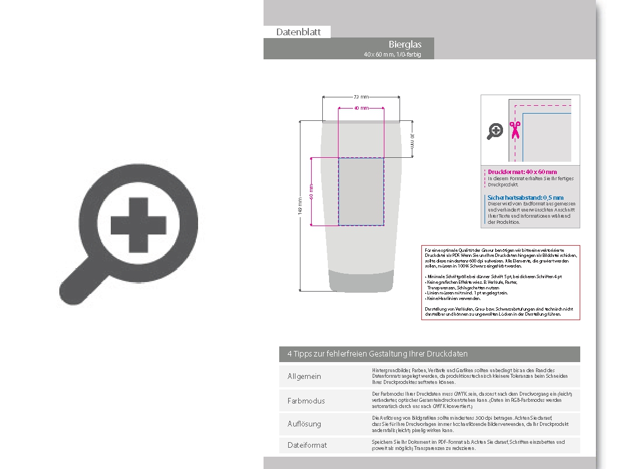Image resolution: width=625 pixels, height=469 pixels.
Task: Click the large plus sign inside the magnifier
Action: [139, 226]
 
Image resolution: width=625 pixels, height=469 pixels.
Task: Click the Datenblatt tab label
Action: [298, 32]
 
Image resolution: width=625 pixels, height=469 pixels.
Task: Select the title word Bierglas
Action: [405, 44]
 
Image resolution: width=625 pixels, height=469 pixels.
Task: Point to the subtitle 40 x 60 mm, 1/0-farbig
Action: [392, 54]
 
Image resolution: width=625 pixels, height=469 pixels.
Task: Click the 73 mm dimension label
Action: [361, 97]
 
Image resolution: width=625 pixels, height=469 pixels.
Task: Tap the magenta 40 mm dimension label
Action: [361, 107]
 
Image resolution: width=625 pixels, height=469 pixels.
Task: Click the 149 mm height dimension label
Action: [300, 206]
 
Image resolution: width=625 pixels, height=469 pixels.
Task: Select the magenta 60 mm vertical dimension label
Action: [311, 191]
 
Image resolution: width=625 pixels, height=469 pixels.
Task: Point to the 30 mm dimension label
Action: [412, 140]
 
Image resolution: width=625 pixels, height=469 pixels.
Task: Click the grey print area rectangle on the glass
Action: [361, 191]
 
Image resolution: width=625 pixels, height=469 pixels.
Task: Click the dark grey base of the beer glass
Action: [361, 281]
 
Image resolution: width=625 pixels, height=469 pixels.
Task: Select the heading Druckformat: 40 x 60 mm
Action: [522, 172]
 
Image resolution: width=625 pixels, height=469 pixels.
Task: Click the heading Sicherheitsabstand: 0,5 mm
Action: [525, 198]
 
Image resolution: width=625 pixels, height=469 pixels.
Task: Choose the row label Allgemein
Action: [304, 376]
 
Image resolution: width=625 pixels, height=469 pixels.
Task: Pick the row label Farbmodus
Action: [306, 401]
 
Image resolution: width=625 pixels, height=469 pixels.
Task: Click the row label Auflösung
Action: [304, 424]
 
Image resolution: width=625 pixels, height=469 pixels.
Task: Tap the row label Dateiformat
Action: [307, 445]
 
